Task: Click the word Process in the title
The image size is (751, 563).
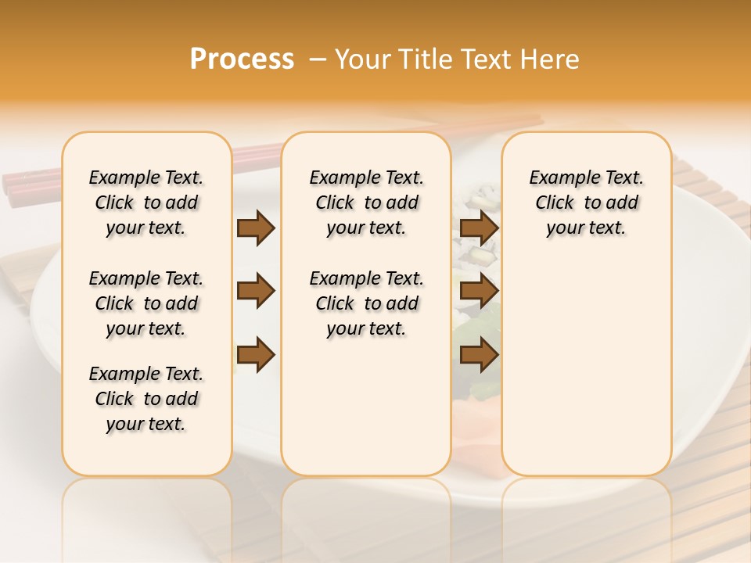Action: [242, 59]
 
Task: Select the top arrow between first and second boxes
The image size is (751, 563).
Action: [256, 228]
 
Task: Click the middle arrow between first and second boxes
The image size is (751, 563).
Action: [256, 292]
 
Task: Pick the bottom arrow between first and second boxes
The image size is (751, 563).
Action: [256, 355]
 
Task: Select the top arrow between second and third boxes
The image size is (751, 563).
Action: [479, 228]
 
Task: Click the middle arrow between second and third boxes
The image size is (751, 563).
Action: [479, 292]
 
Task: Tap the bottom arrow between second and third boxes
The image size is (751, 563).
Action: [479, 355]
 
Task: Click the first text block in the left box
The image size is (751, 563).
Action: [146, 203]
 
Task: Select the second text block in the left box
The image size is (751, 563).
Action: [146, 303]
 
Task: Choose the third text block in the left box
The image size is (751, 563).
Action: [146, 399]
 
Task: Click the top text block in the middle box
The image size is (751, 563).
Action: [366, 203]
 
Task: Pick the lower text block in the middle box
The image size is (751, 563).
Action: [366, 303]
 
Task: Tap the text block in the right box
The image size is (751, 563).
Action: [586, 203]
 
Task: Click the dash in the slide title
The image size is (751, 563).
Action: [317, 59]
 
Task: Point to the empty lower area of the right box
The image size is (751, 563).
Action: [586, 368]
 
